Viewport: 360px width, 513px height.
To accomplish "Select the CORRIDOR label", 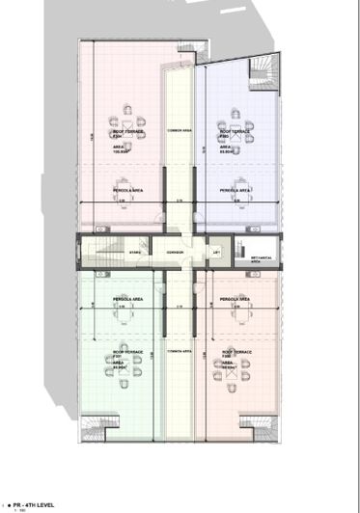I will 175,253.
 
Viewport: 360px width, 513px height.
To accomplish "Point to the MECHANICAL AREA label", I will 262,258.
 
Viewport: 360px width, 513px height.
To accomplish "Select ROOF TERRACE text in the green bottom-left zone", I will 127,352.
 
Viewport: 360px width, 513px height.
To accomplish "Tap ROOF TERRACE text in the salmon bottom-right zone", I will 236,352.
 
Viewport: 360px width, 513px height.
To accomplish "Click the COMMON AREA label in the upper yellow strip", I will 180,130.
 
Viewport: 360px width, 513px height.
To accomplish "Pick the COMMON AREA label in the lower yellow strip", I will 180,352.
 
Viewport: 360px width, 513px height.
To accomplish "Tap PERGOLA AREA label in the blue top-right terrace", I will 235,191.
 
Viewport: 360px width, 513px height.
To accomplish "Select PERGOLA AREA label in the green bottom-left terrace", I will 127,300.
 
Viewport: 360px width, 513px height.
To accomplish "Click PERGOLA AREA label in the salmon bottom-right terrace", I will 236,300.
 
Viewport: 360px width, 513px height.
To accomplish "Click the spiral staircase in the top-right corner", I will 263,73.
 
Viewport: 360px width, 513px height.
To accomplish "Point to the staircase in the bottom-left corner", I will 96,427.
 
